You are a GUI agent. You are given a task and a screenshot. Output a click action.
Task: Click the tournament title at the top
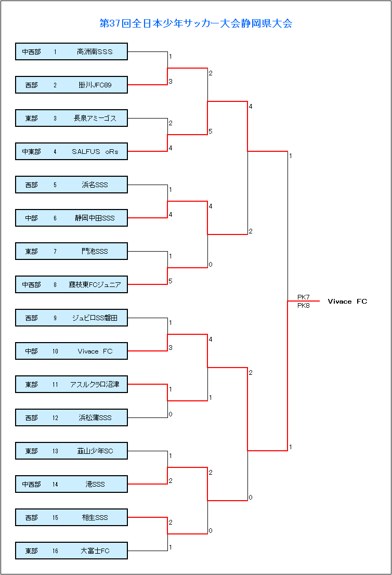(x=195, y=23)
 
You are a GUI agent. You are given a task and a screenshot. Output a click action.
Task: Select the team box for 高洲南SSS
(x=71, y=52)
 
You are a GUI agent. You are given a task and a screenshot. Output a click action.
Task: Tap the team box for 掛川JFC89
(x=71, y=85)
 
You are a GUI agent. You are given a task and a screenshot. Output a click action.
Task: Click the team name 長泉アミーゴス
(x=95, y=119)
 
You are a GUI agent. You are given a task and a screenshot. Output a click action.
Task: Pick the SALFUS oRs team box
(x=71, y=152)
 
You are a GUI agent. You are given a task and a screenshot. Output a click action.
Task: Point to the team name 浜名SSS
(x=95, y=185)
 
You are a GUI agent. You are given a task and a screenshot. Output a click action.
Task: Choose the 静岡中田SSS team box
(x=71, y=218)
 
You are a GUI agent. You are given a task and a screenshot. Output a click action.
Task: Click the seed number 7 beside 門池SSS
(x=55, y=252)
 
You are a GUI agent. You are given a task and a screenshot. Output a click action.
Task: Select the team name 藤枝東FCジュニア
(x=95, y=285)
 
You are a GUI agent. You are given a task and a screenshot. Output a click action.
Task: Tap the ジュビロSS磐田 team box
(x=71, y=318)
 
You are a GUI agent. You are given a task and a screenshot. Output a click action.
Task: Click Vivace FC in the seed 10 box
(x=95, y=351)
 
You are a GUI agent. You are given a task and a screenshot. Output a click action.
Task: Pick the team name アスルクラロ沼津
(x=95, y=385)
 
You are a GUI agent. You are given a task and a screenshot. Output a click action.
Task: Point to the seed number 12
(x=55, y=418)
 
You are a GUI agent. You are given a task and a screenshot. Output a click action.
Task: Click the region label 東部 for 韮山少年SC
(x=31, y=451)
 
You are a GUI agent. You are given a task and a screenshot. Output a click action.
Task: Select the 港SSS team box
(x=71, y=485)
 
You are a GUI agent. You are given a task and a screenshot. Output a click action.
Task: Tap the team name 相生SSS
(x=95, y=518)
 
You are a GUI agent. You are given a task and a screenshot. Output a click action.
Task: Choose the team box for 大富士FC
(x=71, y=551)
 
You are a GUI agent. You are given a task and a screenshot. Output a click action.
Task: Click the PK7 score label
(x=303, y=297)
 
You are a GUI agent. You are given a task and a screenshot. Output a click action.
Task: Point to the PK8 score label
(x=303, y=306)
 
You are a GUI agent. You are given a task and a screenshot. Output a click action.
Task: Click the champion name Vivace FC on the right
(x=347, y=302)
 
